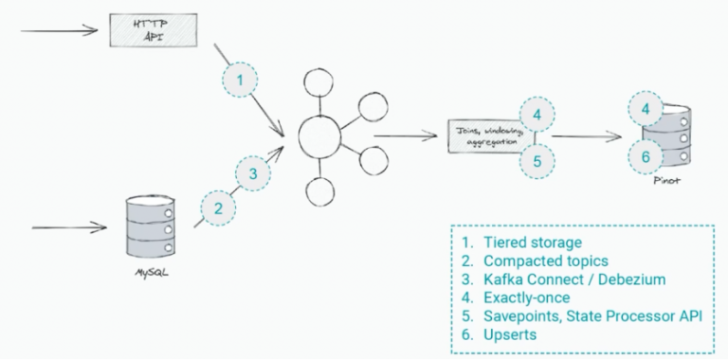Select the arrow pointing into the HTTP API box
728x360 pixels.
tap(59, 30)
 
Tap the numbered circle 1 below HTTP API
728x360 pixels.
tap(241, 81)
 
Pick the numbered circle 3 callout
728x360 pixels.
tap(252, 174)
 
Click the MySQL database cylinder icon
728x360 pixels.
tap(150, 225)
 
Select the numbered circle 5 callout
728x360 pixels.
tap(537, 160)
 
